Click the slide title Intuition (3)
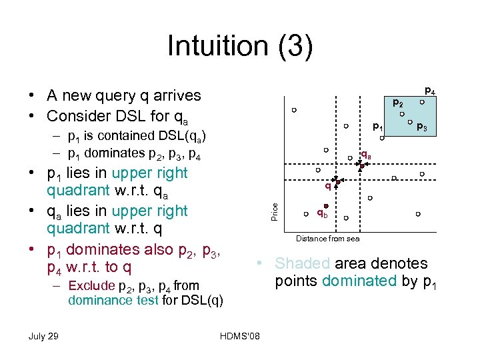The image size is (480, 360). (x=239, y=46)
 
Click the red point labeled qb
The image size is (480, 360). (x=318, y=205)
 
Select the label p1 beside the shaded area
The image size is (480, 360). (x=377, y=126)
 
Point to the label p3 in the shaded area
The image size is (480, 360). (x=421, y=127)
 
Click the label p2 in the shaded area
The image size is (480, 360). (x=397, y=103)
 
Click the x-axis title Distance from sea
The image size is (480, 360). (x=327, y=239)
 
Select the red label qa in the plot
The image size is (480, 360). (x=366, y=155)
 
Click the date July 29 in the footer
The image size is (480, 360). (x=43, y=335)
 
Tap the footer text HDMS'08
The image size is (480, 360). (x=239, y=335)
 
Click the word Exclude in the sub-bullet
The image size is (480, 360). (x=91, y=287)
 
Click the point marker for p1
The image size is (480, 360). (x=382, y=139)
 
